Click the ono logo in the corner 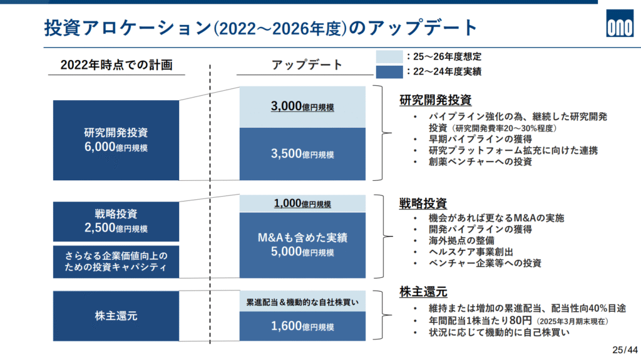click(620, 23)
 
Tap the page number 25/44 click(625, 350)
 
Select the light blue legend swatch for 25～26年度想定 click(389, 56)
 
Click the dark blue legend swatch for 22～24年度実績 click(389, 72)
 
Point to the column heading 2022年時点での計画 click(116, 64)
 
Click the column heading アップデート click(307, 64)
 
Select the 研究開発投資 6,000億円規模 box click(116, 140)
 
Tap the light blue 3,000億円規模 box click(302, 107)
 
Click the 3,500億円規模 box click(302, 154)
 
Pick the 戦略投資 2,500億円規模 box click(116, 221)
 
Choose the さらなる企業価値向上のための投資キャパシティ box click(116, 262)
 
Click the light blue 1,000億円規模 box click(302, 203)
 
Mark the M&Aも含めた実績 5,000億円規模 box click(302, 245)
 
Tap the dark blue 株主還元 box click(116, 316)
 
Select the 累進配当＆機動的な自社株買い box click(302, 302)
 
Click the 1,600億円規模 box click(302, 326)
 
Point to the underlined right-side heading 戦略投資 click(423, 203)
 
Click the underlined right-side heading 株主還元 click(423, 292)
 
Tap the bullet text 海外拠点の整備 click(461, 240)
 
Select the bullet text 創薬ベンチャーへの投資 click(480, 162)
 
